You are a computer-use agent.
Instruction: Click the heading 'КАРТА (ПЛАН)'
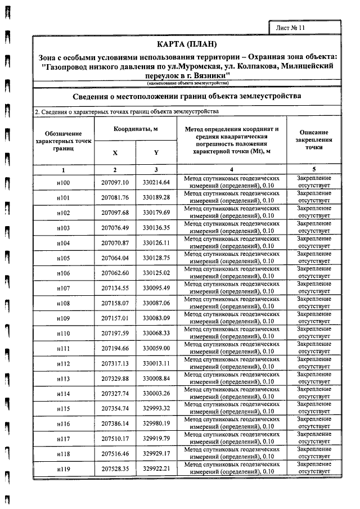pyautogui.click(x=186, y=44)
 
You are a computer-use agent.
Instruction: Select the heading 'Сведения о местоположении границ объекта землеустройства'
pyautogui.click(x=187, y=96)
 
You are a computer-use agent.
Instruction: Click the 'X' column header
pyautogui.click(x=115, y=152)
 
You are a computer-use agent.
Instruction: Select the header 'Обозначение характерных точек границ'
pyautogui.click(x=63, y=142)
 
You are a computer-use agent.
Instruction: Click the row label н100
pyautogui.click(x=63, y=182)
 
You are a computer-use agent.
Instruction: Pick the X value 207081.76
pyautogui.click(x=115, y=197)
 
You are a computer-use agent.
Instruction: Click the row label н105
pyautogui.click(x=63, y=258)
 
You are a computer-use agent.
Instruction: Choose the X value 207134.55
pyautogui.click(x=115, y=288)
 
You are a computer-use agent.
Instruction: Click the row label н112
pyautogui.click(x=63, y=364)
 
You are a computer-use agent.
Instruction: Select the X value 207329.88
pyautogui.click(x=115, y=379)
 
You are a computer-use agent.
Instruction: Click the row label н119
pyautogui.click(x=63, y=469)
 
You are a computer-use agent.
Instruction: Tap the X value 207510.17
pyautogui.click(x=115, y=439)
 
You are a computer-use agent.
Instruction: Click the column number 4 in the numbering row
pyautogui.click(x=231, y=169)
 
